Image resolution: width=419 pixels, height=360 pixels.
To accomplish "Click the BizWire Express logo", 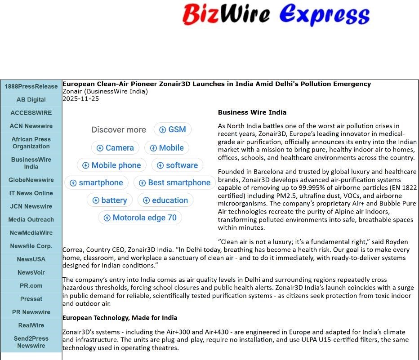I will click(x=276, y=14).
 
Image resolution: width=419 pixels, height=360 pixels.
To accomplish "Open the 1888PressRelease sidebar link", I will click(x=31, y=86).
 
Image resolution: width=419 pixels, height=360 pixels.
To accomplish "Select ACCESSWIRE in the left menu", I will click(x=31, y=113).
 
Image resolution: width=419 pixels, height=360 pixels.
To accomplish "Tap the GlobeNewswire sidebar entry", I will click(x=31, y=180).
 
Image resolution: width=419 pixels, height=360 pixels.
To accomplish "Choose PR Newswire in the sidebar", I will click(x=31, y=312).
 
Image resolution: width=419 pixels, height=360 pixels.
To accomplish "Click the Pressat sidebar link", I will click(x=31, y=299).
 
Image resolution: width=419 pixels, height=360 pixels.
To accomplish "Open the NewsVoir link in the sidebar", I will click(x=31, y=272).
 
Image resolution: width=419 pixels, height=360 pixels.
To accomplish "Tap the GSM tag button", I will click(x=173, y=129).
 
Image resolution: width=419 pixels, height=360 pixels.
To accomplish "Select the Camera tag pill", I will click(x=115, y=148).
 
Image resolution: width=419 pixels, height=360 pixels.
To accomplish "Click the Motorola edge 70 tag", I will click(x=140, y=218).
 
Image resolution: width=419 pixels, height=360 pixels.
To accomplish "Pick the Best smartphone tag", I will click(x=174, y=183).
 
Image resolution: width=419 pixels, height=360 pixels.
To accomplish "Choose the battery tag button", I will click(x=109, y=200).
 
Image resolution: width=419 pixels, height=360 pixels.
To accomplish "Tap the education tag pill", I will click(x=165, y=200).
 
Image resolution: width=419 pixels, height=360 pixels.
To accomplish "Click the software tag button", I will click(x=177, y=165).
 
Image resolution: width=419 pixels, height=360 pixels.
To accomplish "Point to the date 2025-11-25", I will click(x=80, y=99).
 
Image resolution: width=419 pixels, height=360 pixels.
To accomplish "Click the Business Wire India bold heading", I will click(x=252, y=112).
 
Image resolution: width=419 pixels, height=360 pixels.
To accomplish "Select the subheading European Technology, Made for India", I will click(x=120, y=318).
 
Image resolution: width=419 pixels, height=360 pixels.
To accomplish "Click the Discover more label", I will click(x=119, y=130).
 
